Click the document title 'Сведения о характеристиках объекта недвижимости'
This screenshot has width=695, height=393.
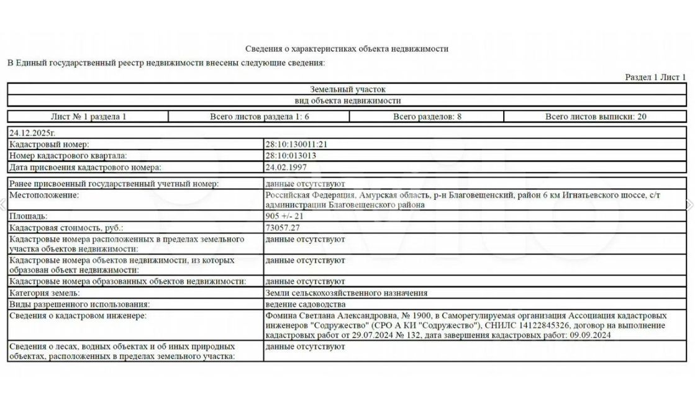[x=347, y=48]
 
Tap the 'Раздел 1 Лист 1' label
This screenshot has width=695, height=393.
[x=655, y=77]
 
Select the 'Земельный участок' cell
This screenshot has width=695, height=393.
[x=347, y=89]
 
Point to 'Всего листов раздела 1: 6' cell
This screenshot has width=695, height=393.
[x=259, y=117]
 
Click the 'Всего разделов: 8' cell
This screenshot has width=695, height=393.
[x=427, y=117]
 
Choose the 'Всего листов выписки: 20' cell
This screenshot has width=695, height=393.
[x=596, y=117]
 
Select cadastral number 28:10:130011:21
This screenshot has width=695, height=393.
[x=296, y=145]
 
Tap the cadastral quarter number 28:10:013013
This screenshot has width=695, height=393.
[x=291, y=156]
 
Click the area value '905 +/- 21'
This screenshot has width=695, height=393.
[x=284, y=217]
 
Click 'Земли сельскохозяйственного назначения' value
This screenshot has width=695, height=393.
[x=346, y=293]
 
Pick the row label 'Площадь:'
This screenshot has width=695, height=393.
[x=28, y=217]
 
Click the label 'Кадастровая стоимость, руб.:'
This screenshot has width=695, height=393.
[x=66, y=228]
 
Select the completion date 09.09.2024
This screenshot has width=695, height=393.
[x=589, y=336]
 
